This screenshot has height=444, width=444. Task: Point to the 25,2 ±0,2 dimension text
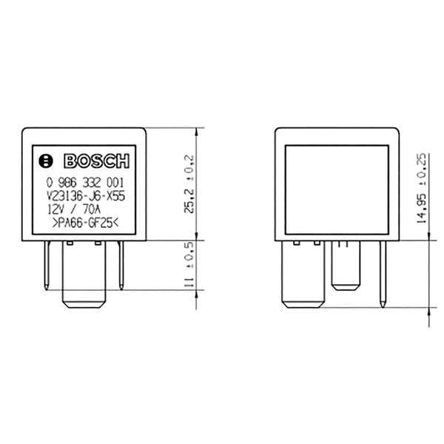[188, 184]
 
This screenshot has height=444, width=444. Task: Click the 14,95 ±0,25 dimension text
[421, 189]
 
